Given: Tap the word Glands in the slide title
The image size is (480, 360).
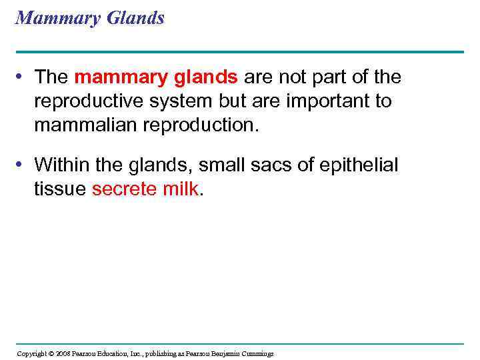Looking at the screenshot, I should coord(134,18).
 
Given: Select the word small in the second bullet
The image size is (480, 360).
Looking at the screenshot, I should coord(210,165).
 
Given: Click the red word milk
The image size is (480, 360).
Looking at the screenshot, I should coord(180,189).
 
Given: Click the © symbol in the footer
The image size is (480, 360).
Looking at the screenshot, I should coord(51,353).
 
